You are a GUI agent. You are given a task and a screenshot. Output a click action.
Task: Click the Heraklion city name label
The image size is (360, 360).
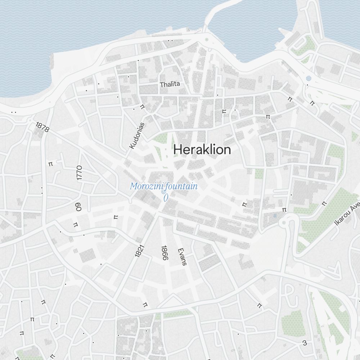pyautogui.click(x=202, y=149)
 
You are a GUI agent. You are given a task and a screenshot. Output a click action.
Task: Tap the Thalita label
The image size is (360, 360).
pyautogui.click(x=170, y=84)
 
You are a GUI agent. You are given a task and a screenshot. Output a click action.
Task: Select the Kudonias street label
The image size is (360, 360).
pyautogui.click(x=137, y=136)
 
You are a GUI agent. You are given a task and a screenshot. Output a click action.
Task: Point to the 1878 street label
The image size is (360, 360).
pyautogui.click(x=42, y=127)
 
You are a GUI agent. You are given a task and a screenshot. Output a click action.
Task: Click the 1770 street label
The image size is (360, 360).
pyautogui.click(x=80, y=173)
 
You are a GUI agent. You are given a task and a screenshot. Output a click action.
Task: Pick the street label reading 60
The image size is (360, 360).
pyautogui.click(x=78, y=207)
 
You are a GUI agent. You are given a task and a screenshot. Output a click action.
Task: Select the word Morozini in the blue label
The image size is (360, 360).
pyautogui.click(x=145, y=186)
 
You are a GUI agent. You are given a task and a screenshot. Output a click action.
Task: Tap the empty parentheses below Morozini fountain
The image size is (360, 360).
pyautogui.click(x=166, y=197)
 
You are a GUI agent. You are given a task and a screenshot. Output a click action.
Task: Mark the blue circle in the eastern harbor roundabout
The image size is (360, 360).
pyautogui.click(x=308, y=78)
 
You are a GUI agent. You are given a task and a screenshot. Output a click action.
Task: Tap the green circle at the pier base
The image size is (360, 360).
pyautogui.click(x=206, y=40)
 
